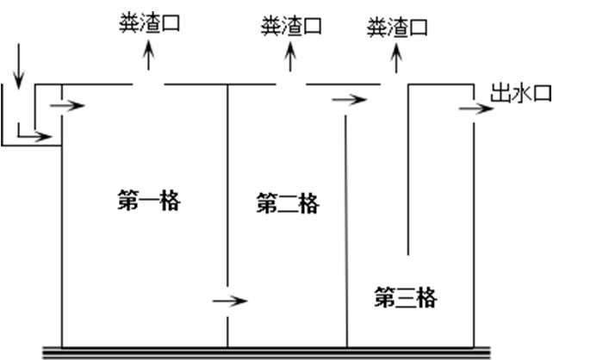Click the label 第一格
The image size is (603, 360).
coord(147,202)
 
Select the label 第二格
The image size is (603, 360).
coord(288,205)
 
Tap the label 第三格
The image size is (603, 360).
coord(406,299)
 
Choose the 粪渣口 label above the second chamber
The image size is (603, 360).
coord(291,26)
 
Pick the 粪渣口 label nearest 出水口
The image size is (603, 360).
coord(397,28)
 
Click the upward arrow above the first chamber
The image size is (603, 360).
coord(148,57)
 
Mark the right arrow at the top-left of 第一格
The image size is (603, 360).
coord(68,106)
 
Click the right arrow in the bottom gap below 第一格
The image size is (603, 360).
coord(230,301)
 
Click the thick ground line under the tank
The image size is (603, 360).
coord(267,351)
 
